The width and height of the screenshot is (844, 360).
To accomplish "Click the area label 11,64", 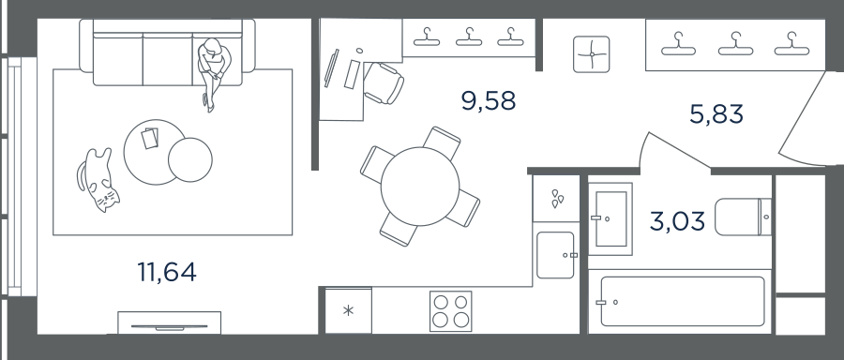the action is pyautogui.click(x=167, y=272).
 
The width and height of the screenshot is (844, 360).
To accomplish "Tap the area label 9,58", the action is pyautogui.click(x=489, y=101).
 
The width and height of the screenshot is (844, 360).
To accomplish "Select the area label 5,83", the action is pyautogui.click(x=716, y=114).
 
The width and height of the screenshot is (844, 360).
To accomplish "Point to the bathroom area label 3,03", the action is pyautogui.click(x=677, y=221).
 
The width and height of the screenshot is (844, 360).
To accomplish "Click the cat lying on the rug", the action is pyautogui.click(x=98, y=180).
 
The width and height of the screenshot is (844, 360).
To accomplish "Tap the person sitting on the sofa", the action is pyautogui.click(x=214, y=73).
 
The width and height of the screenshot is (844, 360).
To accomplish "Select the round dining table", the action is pyautogui.click(x=420, y=187).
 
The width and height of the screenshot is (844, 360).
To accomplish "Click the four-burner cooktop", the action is pyautogui.click(x=450, y=311).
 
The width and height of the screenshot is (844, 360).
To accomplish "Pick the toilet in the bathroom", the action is pyautogui.click(x=743, y=217).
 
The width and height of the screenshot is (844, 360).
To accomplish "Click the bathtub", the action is pyautogui.click(x=683, y=301).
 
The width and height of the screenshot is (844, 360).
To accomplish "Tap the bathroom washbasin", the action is pyautogui.click(x=610, y=219).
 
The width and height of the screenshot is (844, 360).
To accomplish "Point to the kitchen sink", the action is pyautogui.click(x=555, y=255).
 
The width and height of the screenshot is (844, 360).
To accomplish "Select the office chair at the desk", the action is pyautogui.click(x=384, y=82).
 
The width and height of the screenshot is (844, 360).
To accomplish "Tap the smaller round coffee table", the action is pyautogui.click(x=190, y=159).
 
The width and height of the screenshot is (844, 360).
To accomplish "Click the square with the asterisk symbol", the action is pyautogui.click(x=348, y=310).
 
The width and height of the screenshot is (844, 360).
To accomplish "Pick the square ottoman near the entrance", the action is pyautogui.click(x=592, y=53).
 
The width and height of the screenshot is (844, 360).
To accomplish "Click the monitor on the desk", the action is pyautogui.click(x=332, y=67).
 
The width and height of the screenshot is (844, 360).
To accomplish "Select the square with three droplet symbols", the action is pyautogui.click(x=556, y=198).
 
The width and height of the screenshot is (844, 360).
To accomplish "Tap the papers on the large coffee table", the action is pyautogui.click(x=150, y=138).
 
